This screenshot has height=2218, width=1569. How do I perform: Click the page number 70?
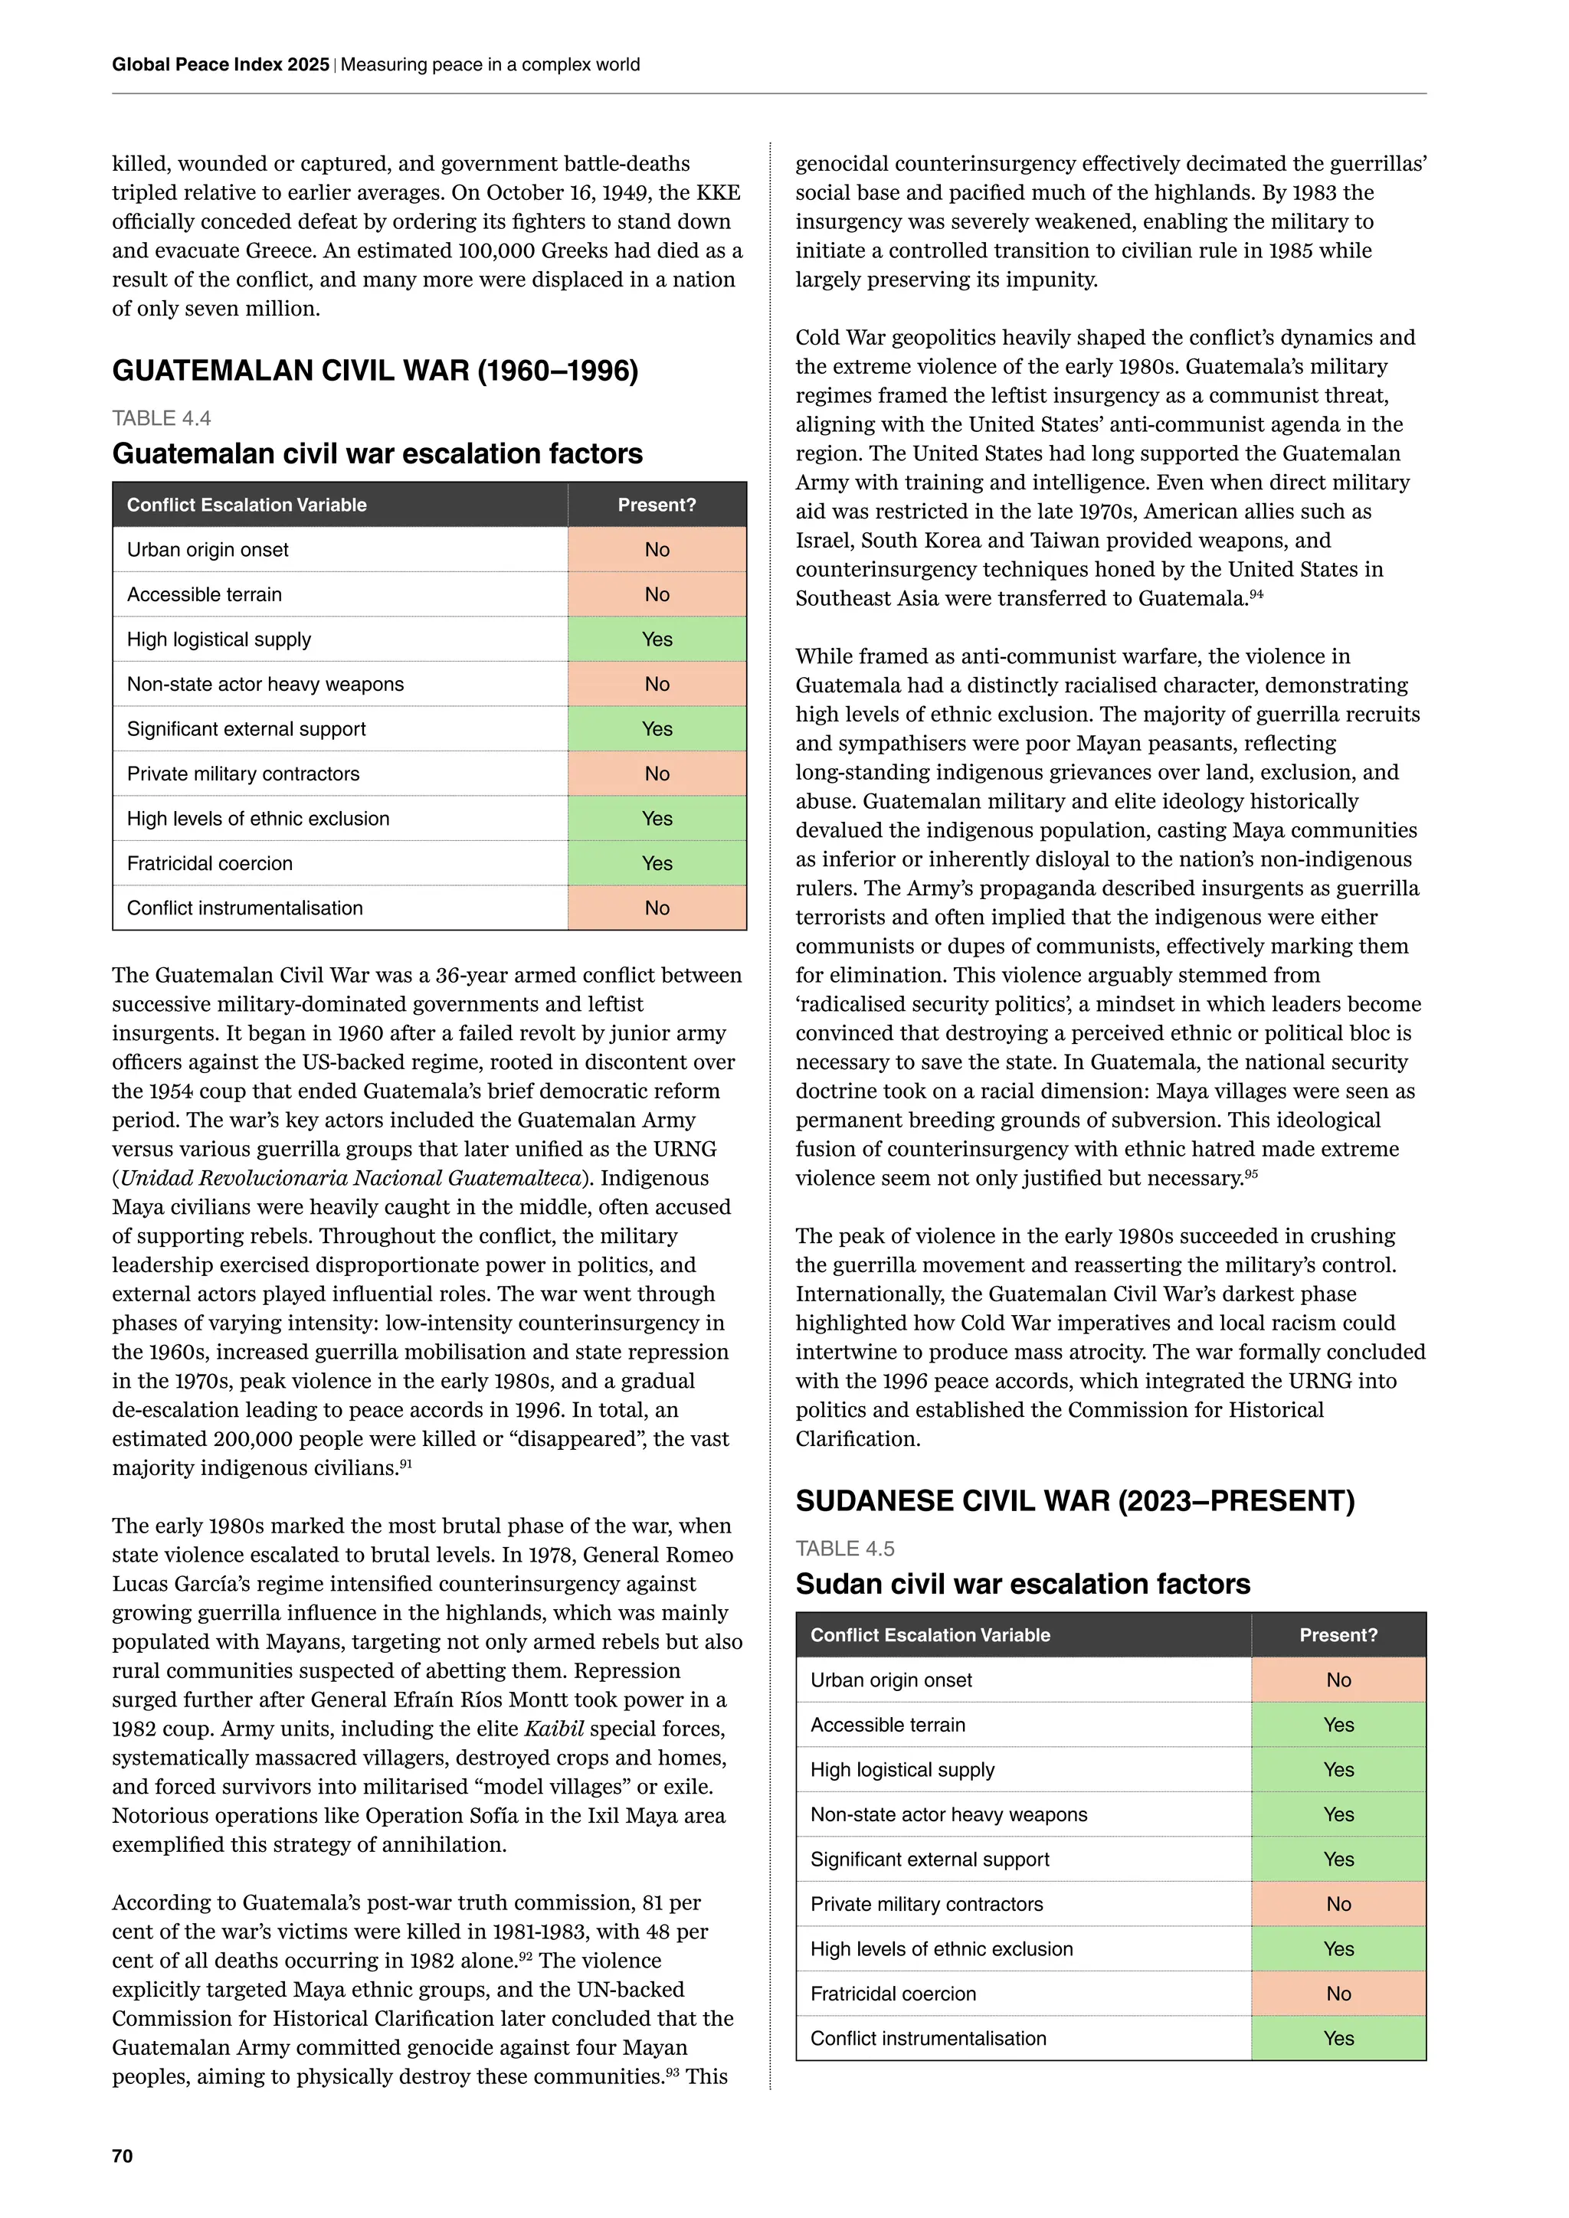tap(123, 2155)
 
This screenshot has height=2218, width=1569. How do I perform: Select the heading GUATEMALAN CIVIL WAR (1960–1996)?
tap(375, 371)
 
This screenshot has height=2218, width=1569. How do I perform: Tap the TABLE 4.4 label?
tap(162, 418)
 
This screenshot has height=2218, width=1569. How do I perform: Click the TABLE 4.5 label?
tap(844, 1549)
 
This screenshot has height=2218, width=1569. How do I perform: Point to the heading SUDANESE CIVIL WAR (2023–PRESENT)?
tap(1074, 1500)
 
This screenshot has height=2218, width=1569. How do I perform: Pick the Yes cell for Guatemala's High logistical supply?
tap(657, 640)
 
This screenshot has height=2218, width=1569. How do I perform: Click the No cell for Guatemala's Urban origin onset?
tap(657, 550)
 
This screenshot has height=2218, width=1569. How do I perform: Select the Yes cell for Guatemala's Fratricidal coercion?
tap(657, 864)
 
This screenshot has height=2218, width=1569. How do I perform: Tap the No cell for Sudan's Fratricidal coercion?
tap(1338, 1994)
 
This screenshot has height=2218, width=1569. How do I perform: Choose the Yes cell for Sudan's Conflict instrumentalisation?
tap(1338, 2038)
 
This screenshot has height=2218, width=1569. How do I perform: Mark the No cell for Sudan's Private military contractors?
tap(1338, 1904)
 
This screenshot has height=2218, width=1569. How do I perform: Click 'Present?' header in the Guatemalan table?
tap(657, 505)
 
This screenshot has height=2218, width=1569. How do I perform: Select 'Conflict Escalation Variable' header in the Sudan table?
tap(929, 1634)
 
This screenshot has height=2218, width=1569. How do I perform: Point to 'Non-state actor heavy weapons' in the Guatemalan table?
tap(266, 684)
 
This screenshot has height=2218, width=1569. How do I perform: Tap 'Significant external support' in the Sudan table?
tap(929, 1859)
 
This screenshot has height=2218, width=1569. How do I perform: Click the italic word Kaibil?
tap(554, 1729)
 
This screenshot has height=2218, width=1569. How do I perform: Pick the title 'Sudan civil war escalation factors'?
tap(1022, 1585)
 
